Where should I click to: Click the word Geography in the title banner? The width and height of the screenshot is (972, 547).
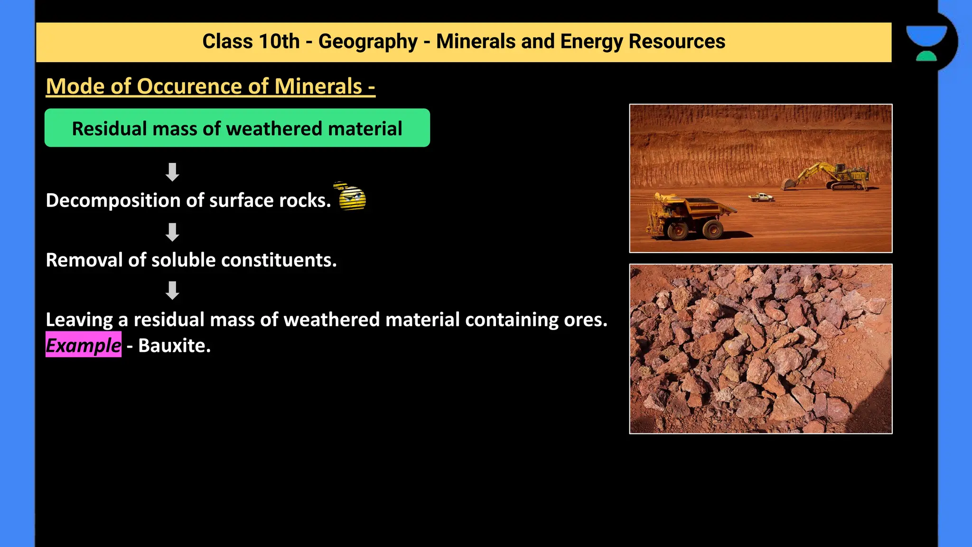point(367,42)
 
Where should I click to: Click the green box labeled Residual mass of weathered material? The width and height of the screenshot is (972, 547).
point(237,128)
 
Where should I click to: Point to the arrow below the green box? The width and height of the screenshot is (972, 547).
point(172,172)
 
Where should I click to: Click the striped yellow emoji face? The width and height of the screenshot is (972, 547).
point(352,197)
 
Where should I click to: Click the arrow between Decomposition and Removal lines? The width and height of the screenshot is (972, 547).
point(172,232)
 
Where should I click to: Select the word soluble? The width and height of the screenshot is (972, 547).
point(183,260)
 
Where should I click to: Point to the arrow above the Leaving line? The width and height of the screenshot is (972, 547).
point(172,290)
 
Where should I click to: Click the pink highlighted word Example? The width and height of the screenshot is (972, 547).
point(84,345)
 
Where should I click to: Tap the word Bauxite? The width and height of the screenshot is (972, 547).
point(174,346)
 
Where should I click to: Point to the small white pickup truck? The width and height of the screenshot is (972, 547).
point(761,197)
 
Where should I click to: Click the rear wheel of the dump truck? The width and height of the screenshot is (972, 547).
point(712,230)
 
